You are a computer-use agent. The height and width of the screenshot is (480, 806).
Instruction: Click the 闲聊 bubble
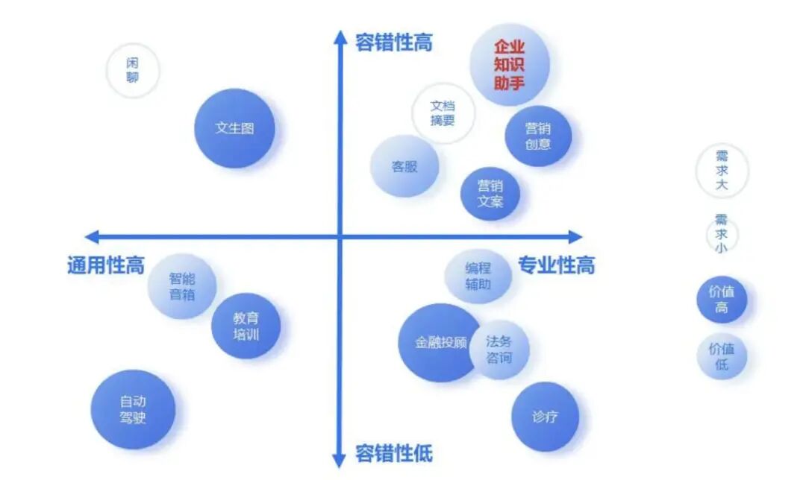tap(133, 70)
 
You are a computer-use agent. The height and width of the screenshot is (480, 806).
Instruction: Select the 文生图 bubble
tap(234, 128)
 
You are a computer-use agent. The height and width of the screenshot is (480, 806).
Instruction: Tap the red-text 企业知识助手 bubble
tap(510, 64)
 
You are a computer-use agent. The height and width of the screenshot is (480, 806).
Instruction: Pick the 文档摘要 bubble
tap(443, 113)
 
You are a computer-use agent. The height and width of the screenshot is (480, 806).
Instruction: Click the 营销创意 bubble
tap(538, 136)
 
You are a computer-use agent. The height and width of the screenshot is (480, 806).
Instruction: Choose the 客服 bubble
tap(404, 165)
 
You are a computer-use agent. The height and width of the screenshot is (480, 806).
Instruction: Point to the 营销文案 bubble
tap(490, 194)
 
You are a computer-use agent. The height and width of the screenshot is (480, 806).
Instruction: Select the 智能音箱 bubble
tap(182, 286)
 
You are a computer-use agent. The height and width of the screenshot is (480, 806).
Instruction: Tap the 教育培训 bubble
tap(246, 326)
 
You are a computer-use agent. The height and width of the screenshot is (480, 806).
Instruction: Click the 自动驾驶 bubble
tap(133, 409)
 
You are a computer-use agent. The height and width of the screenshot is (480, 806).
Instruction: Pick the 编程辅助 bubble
tap(478, 277)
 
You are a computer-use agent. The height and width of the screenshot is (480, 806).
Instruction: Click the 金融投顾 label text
tap(440, 342)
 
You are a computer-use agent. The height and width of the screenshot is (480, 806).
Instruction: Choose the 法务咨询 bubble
tap(499, 350)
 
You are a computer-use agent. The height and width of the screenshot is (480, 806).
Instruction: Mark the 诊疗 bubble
tap(545, 417)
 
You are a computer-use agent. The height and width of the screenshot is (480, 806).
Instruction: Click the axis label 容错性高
tap(394, 42)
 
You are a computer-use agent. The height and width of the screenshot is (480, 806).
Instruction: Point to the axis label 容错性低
tap(394, 453)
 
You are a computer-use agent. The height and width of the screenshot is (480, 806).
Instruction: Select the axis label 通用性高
tap(106, 265)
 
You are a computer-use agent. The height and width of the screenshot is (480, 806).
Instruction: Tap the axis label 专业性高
tap(556, 265)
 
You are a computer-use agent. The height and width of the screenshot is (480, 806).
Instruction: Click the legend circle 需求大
tap(722, 171)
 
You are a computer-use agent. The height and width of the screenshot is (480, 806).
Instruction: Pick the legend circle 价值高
tap(722, 300)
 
